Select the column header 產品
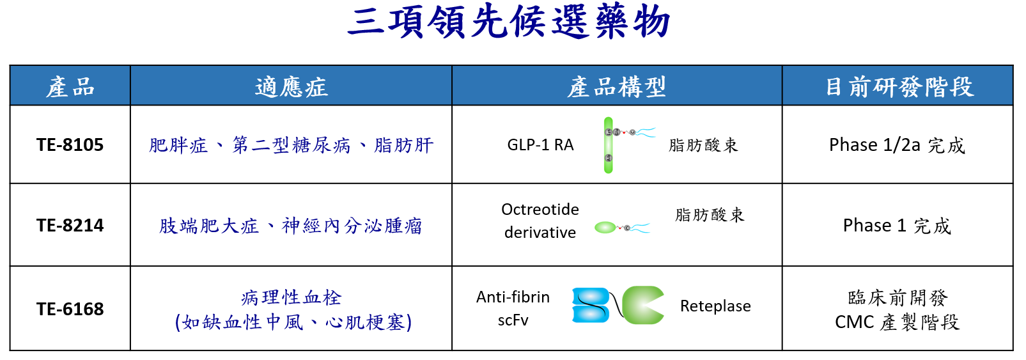[x=70, y=86]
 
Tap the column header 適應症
[x=291, y=86]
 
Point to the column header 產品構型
[x=616, y=86]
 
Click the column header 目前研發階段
[x=899, y=86]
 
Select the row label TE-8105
[x=70, y=145]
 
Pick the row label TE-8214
[x=70, y=225]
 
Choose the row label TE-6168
[x=70, y=309]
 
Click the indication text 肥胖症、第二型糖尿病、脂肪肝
[x=291, y=145]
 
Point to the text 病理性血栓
[x=291, y=298]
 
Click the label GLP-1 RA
[x=540, y=145]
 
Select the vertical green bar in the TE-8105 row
[x=609, y=145]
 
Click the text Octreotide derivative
[x=540, y=221]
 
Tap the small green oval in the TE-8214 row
[x=605, y=227]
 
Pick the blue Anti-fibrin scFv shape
[x=591, y=305]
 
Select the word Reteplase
[x=715, y=306]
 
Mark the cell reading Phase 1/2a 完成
[x=897, y=145]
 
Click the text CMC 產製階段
[x=897, y=322]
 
